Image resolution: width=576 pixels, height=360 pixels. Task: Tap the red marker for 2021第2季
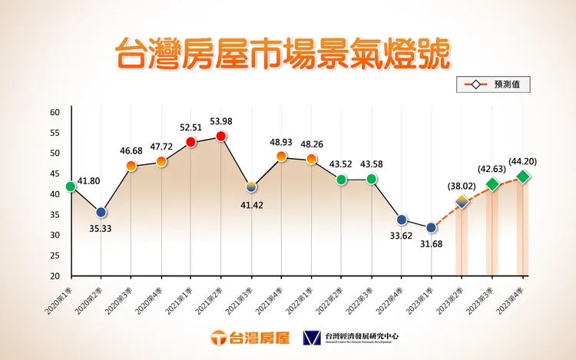221,137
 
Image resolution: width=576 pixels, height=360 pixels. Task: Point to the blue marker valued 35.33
101,213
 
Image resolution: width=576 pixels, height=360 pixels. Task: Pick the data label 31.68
432,246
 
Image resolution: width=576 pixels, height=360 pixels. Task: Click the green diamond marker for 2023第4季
523,177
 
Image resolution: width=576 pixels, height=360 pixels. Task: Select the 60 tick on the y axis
55,112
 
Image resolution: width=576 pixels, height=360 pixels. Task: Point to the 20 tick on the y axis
55,276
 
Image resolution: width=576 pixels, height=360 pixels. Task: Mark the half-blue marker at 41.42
251,187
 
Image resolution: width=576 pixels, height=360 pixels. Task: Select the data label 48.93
282,142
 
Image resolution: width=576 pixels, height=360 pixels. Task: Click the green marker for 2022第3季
372,180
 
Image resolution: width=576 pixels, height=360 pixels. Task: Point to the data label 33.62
401,237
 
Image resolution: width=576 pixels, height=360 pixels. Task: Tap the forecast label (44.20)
523,161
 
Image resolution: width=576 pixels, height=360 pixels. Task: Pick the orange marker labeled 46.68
131,166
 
